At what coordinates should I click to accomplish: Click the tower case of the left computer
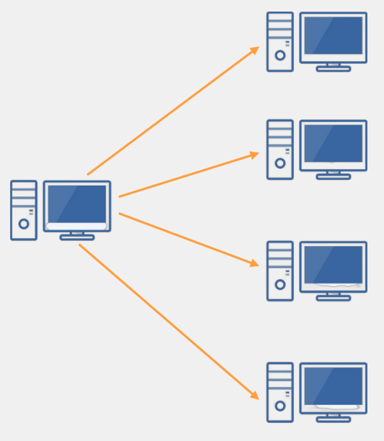24,209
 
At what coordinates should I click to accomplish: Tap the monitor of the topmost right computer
333,36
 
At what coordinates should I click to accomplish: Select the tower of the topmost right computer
280,41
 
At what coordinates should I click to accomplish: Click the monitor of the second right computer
333,144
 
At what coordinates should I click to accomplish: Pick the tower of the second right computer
280,149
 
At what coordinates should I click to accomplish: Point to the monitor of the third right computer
333,265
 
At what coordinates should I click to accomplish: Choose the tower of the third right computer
280,270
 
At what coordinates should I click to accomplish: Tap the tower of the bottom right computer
280,391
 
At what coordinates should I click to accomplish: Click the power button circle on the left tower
24,224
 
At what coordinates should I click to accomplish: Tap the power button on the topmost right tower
280,55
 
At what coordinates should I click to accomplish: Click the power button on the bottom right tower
280,406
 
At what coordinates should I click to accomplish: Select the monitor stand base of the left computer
77,237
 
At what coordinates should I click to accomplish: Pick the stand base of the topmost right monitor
333,69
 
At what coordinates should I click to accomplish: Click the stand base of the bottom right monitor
333,419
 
